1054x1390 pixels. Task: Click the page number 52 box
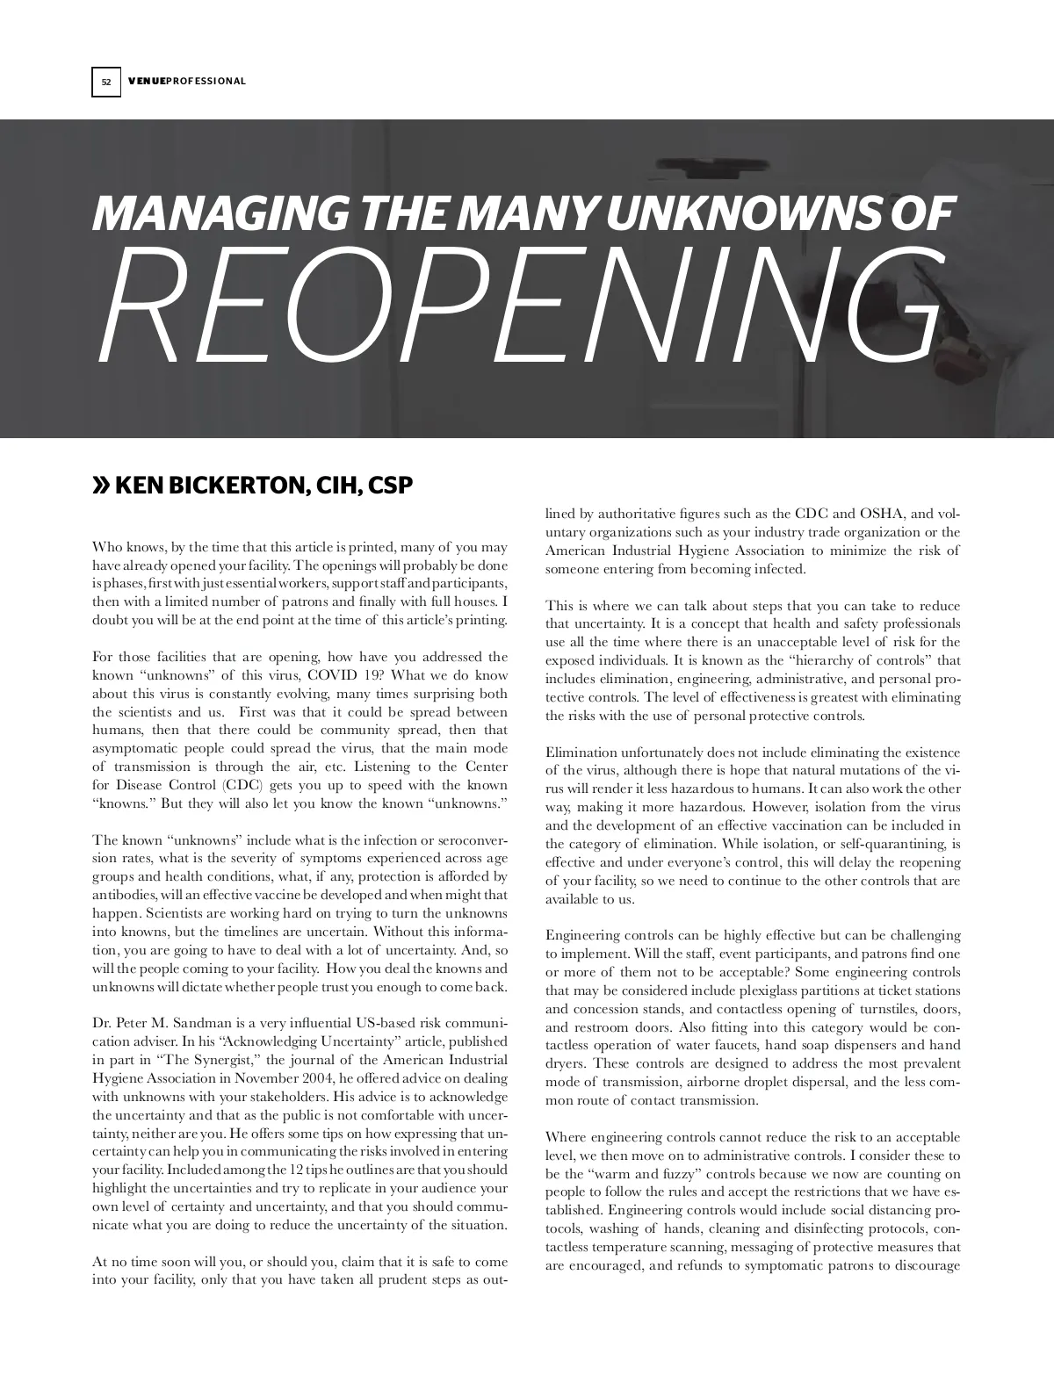105,82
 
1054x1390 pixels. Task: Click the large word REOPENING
518,307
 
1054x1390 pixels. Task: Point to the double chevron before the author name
102,485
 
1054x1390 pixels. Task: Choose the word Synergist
194,1060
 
